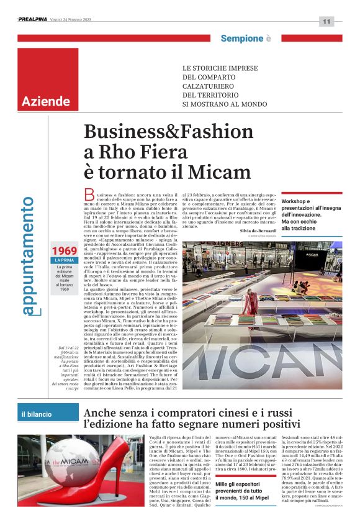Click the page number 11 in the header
326,22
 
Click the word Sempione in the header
241,39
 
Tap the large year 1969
65,251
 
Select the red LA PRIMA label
65,260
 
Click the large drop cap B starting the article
89,198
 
